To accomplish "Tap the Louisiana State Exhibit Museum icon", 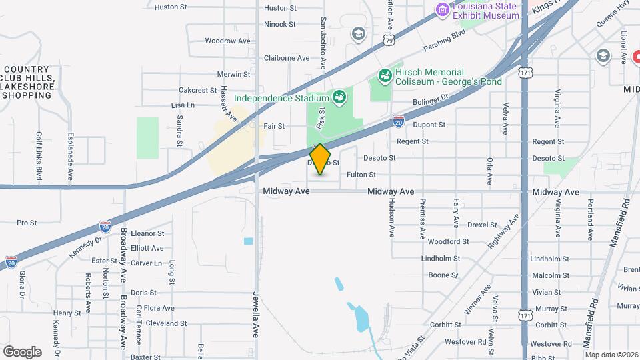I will (441, 9).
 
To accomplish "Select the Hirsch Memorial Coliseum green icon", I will (384, 76).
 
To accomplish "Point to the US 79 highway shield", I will (389, 41).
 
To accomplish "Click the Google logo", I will (22, 351).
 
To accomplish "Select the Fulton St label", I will (361, 175).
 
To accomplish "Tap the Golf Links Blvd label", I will (39, 156).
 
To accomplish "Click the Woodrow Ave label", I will (227, 41).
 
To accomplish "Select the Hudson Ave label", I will (391, 219).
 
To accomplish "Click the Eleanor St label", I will (147, 234).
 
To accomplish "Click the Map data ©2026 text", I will (611, 355).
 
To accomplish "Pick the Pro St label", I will (27, 223).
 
